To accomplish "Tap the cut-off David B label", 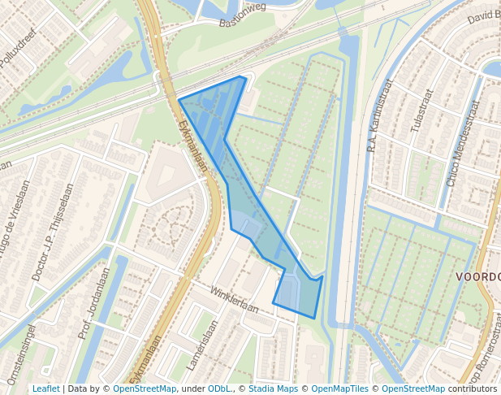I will click(x=484, y=16).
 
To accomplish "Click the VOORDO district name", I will click(x=477, y=277).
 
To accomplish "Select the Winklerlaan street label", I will click(x=234, y=299).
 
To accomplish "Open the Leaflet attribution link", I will click(x=45, y=388).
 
